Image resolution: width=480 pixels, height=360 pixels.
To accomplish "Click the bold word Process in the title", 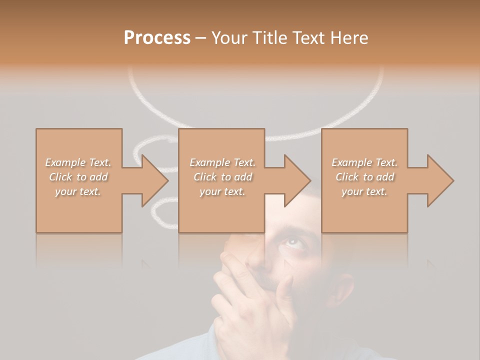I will tap(157, 37).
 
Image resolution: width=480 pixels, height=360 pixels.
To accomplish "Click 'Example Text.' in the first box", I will tap(78, 162).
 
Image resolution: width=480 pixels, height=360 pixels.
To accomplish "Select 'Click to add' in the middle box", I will tap(222, 177).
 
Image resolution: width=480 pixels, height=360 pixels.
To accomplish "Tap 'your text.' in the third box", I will tap(364, 191).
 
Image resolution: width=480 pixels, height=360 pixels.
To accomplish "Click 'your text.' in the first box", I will tap(78, 191).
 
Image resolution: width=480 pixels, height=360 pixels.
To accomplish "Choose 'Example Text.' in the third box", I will tap(364, 162).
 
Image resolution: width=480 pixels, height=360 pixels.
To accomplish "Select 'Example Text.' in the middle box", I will tap(222, 162).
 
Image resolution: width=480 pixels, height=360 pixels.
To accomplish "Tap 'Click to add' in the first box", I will tap(78, 177).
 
